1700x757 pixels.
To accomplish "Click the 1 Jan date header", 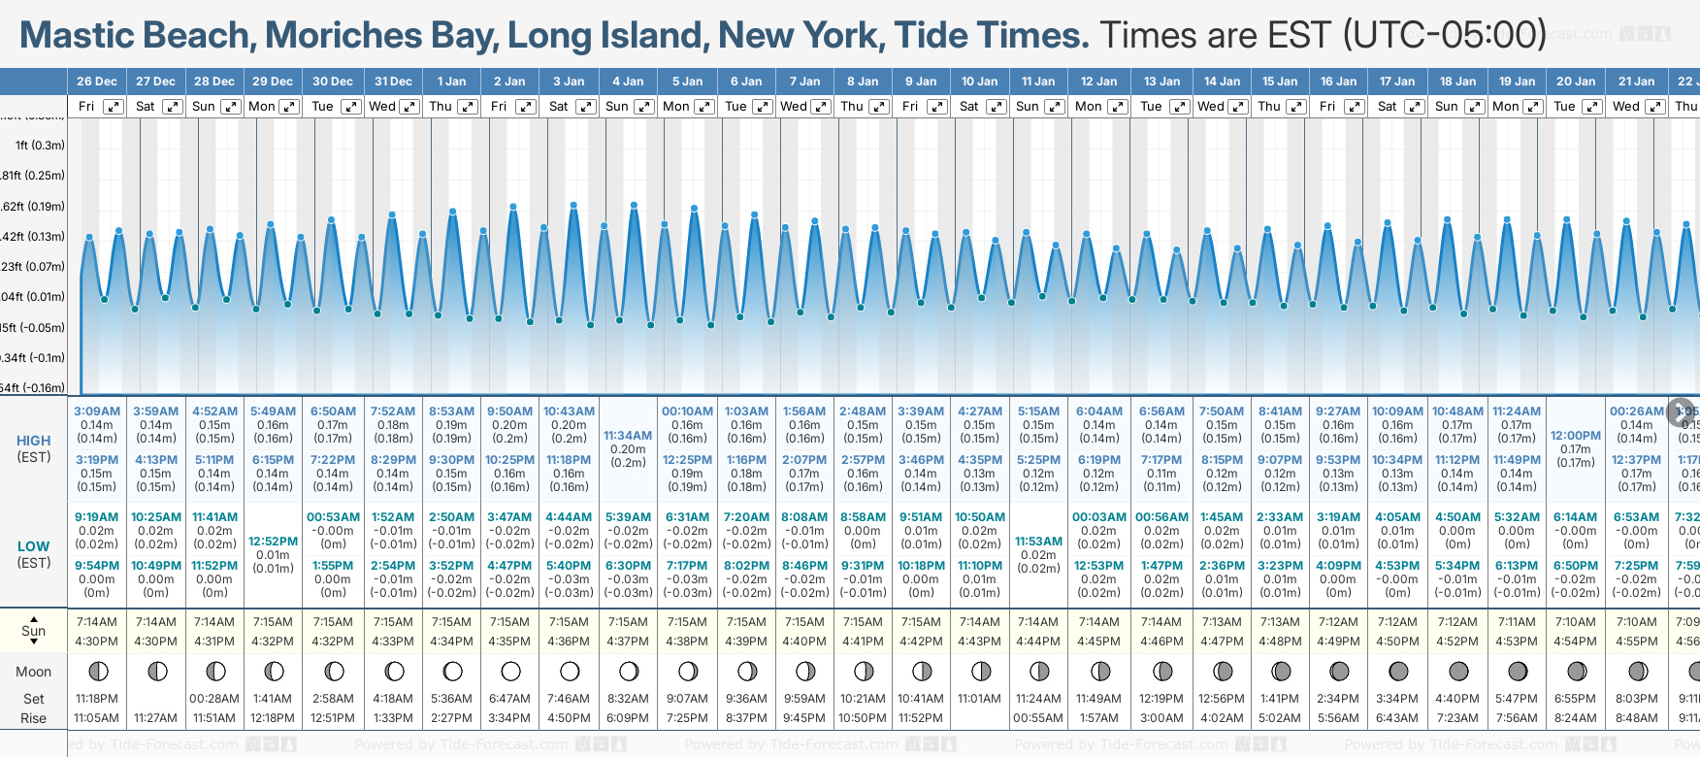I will click(451, 82).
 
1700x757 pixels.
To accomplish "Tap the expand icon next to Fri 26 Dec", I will click(114, 107).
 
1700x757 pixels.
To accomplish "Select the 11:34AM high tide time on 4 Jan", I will click(628, 436).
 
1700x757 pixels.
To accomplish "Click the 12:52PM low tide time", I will click(273, 542).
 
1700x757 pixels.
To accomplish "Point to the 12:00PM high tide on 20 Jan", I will click(1576, 436).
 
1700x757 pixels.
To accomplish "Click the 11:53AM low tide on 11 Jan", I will click(1038, 542).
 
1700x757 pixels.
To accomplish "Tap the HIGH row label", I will click(34, 441).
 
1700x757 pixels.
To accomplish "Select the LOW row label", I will click(34, 546).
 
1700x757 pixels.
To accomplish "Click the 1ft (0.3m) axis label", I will click(40, 146).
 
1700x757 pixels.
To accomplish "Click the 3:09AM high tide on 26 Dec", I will click(97, 411).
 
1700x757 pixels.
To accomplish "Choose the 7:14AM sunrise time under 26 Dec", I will click(97, 622).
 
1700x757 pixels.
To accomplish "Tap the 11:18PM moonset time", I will click(97, 699).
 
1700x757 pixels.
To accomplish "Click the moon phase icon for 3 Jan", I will click(570, 671).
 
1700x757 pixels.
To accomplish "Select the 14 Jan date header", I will click(1223, 82).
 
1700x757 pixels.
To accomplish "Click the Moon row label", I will click(34, 672).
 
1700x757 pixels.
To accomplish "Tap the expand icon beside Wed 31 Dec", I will click(409, 107).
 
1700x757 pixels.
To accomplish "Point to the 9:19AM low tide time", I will click(97, 517).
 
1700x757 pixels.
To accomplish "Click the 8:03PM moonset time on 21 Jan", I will click(1637, 699).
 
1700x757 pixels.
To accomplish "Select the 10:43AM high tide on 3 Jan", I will click(569, 411).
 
